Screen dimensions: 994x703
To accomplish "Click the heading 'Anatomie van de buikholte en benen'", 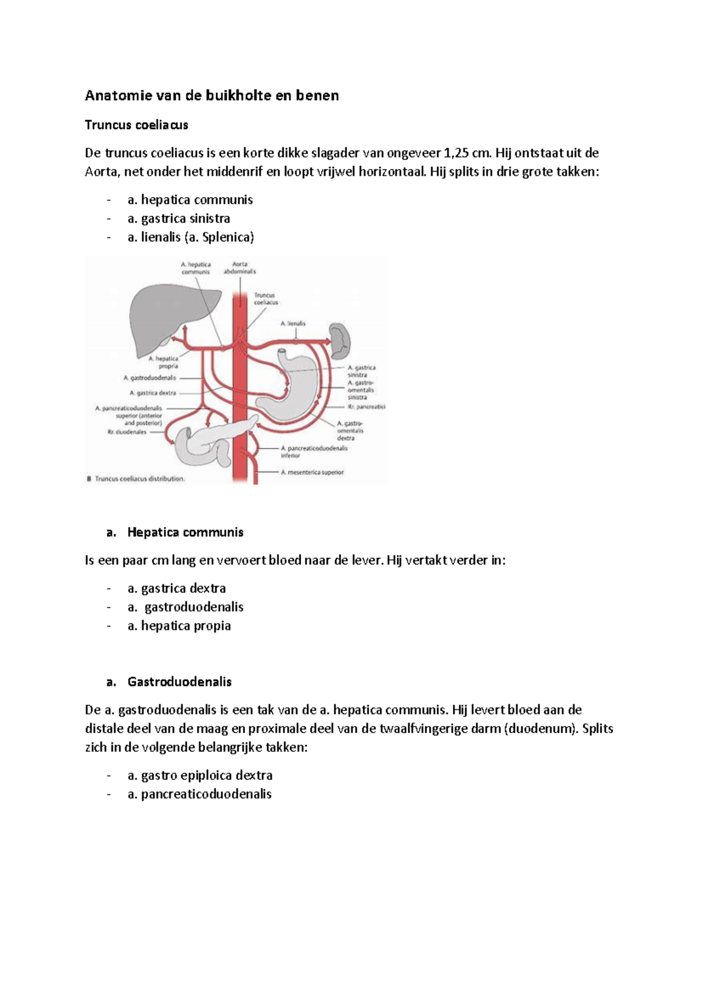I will [x=211, y=96].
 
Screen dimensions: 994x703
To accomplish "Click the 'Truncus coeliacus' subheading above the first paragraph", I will [x=136, y=125].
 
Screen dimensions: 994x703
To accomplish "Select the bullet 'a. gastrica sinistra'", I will [x=178, y=219].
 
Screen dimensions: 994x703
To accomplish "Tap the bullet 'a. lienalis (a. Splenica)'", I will [x=190, y=237].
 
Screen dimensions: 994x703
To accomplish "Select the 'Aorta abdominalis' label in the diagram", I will [x=240, y=268].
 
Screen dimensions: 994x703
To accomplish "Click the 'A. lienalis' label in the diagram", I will [x=293, y=324].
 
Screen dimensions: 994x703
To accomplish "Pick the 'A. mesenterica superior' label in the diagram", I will [x=312, y=472].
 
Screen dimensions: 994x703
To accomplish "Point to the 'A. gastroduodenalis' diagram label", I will [x=150, y=378].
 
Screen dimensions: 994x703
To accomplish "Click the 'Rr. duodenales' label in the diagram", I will [x=127, y=432].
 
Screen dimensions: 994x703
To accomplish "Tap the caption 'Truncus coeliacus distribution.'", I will [x=139, y=479].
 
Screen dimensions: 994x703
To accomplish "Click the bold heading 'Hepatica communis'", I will [x=185, y=533].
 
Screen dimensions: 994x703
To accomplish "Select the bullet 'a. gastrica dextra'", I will [x=176, y=588].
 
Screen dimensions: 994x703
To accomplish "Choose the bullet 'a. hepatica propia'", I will [x=179, y=626].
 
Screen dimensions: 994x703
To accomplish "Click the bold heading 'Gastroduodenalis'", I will [x=179, y=682].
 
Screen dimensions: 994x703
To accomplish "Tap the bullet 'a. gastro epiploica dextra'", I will [x=200, y=775].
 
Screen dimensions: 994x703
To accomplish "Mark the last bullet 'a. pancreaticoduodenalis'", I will [x=199, y=794].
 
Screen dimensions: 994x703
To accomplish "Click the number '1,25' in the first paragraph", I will [x=456, y=154].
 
